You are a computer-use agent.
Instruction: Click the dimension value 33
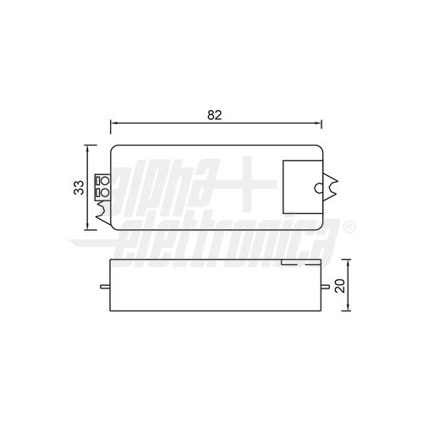78,187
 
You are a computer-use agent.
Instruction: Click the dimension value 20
339,286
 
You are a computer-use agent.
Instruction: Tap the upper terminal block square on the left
104,181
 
